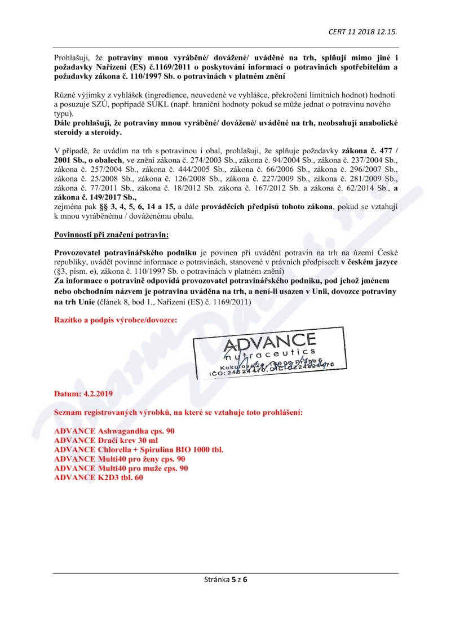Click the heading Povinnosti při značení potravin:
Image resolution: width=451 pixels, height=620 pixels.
(x=110, y=234)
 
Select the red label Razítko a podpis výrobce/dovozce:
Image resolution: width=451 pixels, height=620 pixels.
(x=115, y=320)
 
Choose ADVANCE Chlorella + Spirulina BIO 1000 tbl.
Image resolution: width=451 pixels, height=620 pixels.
(x=139, y=450)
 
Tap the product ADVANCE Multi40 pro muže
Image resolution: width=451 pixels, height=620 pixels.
(x=121, y=468)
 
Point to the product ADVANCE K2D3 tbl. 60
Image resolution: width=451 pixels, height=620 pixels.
(x=99, y=478)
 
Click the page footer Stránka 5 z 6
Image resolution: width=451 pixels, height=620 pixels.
(x=225, y=579)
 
